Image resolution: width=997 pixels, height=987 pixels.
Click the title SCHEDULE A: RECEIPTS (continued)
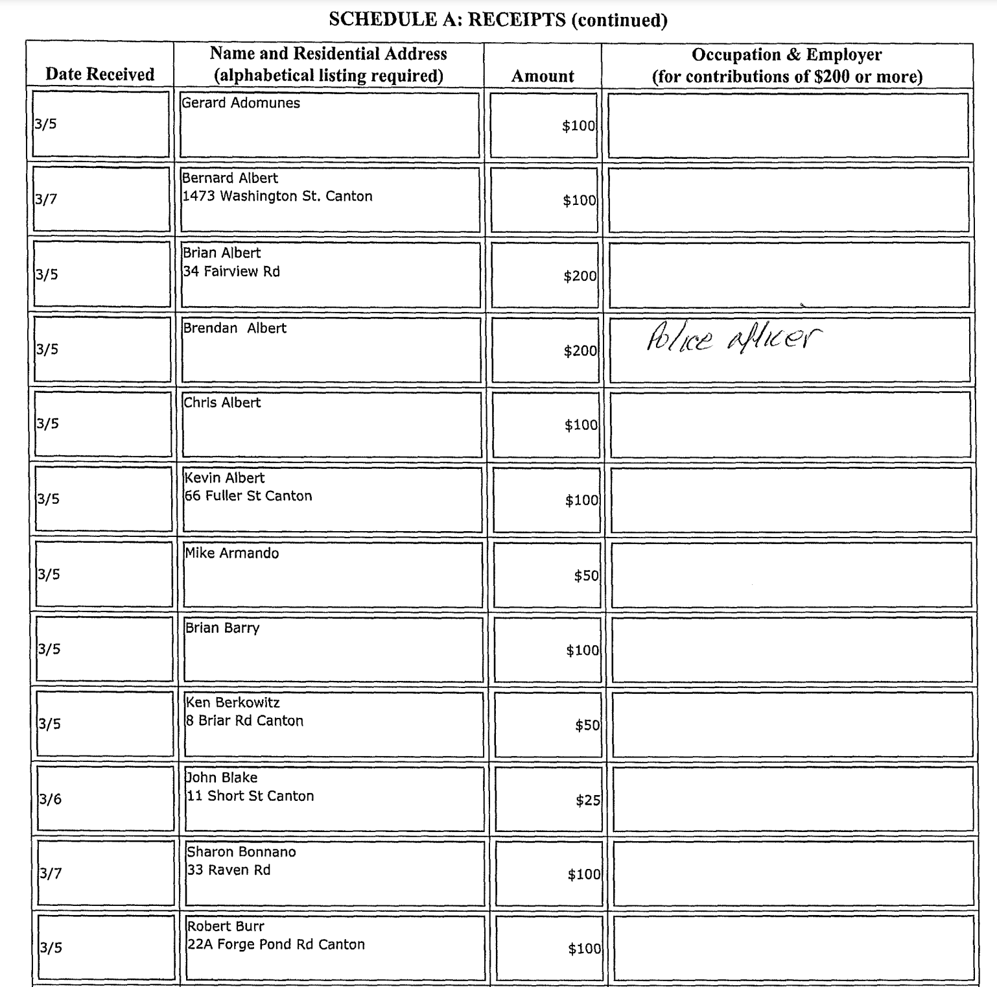(x=498, y=19)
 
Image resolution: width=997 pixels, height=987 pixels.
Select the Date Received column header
(x=100, y=75)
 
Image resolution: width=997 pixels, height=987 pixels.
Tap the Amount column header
(x=543, y=77)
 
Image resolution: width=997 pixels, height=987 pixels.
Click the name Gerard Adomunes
(x=240, y=103)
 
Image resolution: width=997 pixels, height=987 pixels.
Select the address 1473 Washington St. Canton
(x=277, y=196)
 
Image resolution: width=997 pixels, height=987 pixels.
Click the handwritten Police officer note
(x=733, y=339)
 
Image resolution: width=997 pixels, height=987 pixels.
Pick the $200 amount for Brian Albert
(x=580, y=276)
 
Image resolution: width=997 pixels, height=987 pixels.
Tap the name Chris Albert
(x=222, y=403)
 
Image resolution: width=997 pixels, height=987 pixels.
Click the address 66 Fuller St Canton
(x=248, y=496)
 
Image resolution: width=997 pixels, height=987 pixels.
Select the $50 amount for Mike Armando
(x=586, y=576)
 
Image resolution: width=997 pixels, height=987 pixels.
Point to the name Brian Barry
(x=222, y=628)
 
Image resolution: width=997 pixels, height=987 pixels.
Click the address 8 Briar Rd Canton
(x=244, y=721)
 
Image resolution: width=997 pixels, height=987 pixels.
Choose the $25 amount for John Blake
(x=588, y=800)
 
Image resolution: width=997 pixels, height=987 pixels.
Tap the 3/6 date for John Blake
(x=51, y=799)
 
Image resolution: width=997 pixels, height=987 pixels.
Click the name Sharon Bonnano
(x=241, y=852)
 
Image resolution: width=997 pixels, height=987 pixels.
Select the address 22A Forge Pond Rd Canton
(x=276, y=945)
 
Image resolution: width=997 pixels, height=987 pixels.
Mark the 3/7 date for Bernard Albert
(x=47, y=199)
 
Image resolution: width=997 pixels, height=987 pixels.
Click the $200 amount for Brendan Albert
(x=580, y=351)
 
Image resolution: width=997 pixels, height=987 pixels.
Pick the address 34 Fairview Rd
(x=231, y=272)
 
